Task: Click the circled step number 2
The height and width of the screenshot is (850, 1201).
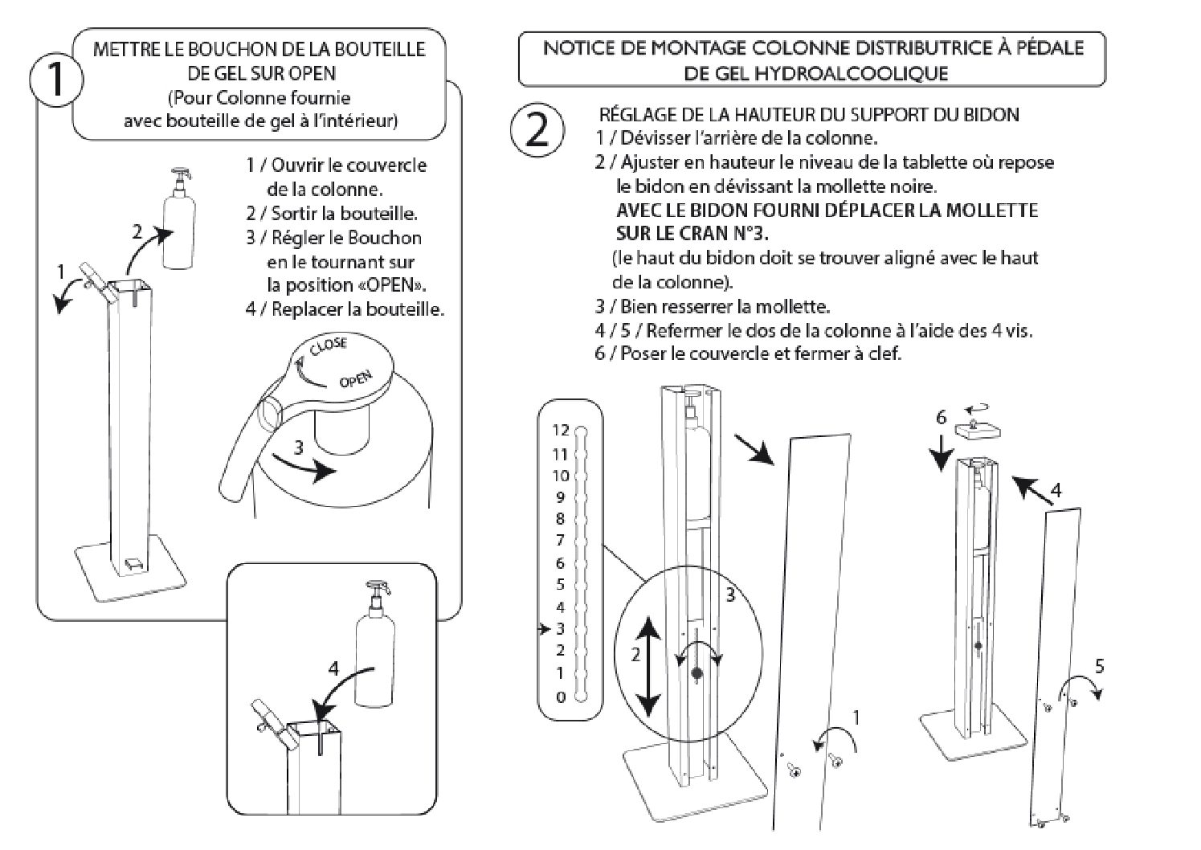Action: coord(537,130)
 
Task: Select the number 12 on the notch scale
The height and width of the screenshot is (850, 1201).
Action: coord(560,430)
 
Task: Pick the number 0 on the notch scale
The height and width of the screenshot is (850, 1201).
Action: coord(561,697)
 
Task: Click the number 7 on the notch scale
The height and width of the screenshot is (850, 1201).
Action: coord(561,540)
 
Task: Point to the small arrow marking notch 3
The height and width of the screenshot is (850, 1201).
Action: coord(544,627)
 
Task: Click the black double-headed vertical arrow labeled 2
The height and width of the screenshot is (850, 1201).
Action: coord(650,666)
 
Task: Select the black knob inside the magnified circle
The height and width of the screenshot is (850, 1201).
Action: coord(696,672)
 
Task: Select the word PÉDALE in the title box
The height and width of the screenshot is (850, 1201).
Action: coord(1042,47)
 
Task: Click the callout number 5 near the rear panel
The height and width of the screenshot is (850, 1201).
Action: coord(1100,665)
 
